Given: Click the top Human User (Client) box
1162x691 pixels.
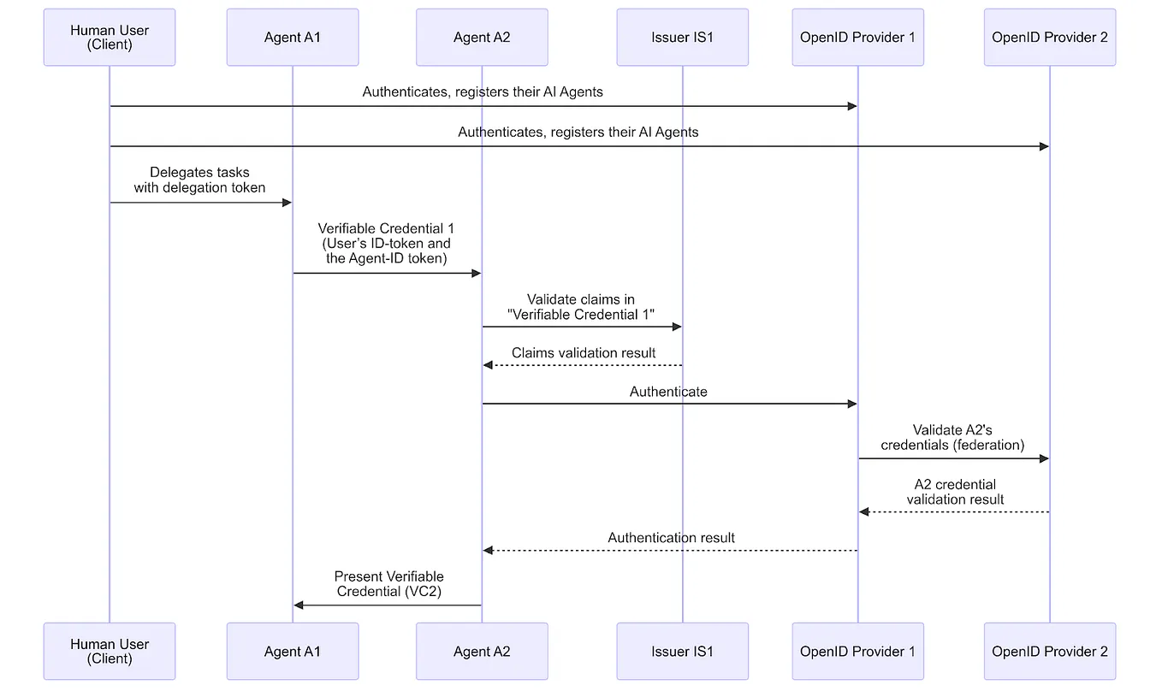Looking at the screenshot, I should click(x=110, y=38).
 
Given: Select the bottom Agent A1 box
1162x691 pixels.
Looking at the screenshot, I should click(x=293, y=652).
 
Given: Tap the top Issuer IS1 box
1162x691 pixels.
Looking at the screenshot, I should click(x=682, y=38).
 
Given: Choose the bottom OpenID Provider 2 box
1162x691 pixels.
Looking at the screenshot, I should click(x=1050, y=652).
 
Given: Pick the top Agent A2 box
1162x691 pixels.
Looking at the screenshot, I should click(x=482, y=38).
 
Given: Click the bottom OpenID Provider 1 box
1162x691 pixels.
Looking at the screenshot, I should click(x=857, y=652).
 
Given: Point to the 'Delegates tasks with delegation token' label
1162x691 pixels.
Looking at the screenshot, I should click(x=199, y=180).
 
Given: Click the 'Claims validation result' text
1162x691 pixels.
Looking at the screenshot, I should click(x=584, y=352).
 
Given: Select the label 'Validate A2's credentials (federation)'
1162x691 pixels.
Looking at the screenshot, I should click(x=952, y=437).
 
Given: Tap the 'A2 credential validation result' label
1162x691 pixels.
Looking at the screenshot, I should click(x=955, y=492).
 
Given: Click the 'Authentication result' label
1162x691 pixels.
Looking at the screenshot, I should click(x=671, y=538).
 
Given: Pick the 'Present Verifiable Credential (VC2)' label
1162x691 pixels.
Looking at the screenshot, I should click(x=388, y=584).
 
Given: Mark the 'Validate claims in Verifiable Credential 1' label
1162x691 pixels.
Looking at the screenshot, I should click(x=581, y=306).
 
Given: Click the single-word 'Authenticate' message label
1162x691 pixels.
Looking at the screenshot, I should click(x=668, y=392).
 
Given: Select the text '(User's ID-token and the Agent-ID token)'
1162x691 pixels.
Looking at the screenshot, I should click(x=387, y=251).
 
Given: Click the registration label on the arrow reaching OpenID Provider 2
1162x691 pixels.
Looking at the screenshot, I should click(x=578, y=132).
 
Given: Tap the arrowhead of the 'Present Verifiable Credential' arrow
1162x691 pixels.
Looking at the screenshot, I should click(x=299, y=605).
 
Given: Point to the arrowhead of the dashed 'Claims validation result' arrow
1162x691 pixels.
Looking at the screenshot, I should click(x=488, y=365).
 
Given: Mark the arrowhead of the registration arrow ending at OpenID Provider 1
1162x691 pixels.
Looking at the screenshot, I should click(x=852, y=106).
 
